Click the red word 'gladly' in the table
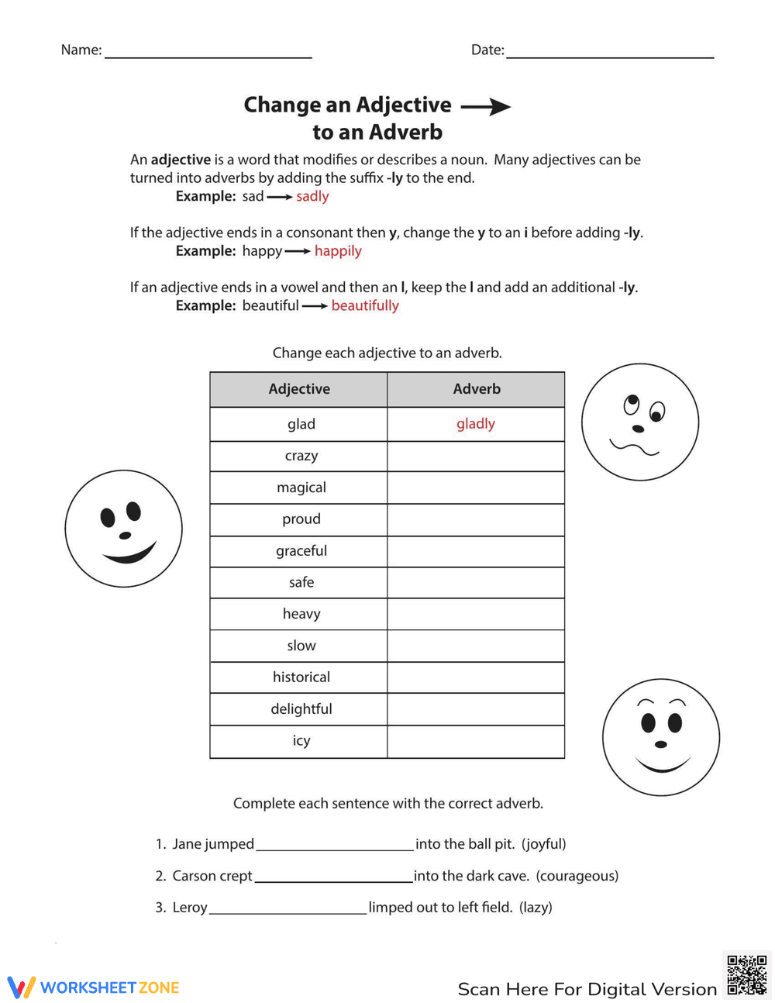475,424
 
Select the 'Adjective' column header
299,389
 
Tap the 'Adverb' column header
477,389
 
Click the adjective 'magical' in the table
301,488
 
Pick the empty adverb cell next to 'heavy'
476,614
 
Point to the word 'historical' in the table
301,677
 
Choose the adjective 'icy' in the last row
301,741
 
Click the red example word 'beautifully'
365,305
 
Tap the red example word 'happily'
338,251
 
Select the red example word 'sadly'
312,196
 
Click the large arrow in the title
486,107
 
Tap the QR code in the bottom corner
746,974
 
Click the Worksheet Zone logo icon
22,987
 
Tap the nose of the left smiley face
125,535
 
